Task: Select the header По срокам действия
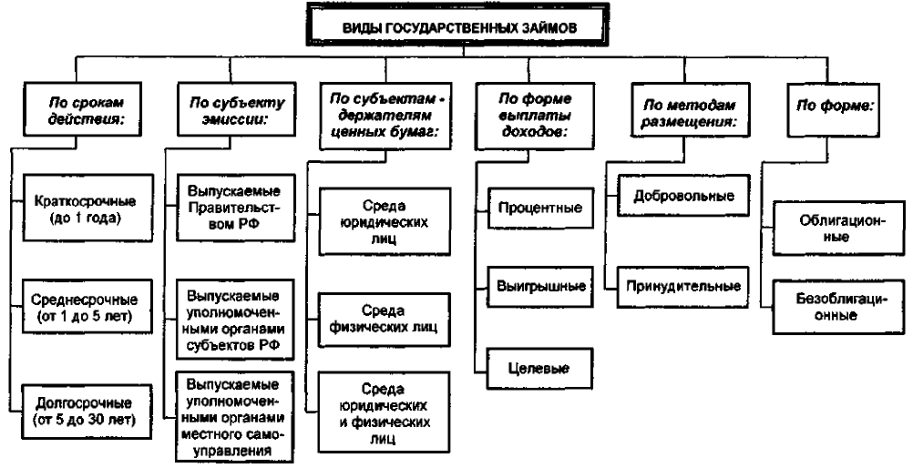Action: [x=82, y=109]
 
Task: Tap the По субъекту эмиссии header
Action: [x=236, y=109]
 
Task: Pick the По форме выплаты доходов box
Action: [x=535, y=117]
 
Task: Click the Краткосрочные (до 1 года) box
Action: [x=87, y=208]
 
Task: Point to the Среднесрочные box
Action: [x=87, y=307]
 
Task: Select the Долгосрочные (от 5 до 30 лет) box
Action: [x=87, y=411]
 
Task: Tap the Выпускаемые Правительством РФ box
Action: [x=236, y=208]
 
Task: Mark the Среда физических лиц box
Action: [x=385, y=319]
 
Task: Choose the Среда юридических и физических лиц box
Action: [x=385, y=412]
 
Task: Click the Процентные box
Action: [x=541, y=208]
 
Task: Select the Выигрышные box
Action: [x=541, y=287]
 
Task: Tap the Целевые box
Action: [x=539, y=368]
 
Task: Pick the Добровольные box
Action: [x=683, y=196]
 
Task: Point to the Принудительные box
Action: [x=683, y=287]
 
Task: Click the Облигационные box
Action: [x=839, y=228]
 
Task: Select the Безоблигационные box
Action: [x=839, y=307]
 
